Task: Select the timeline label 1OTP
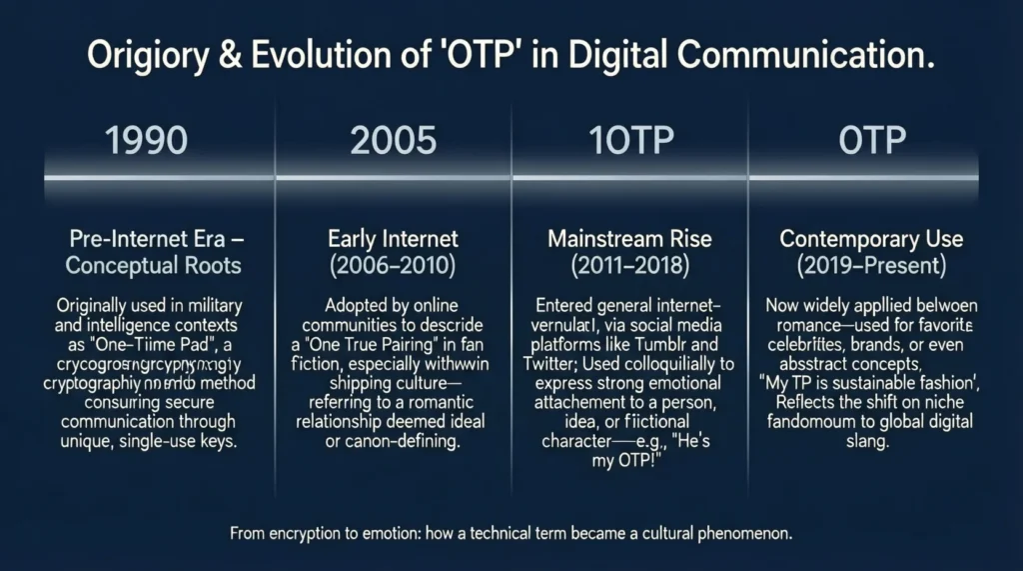[x=632, y=141]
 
